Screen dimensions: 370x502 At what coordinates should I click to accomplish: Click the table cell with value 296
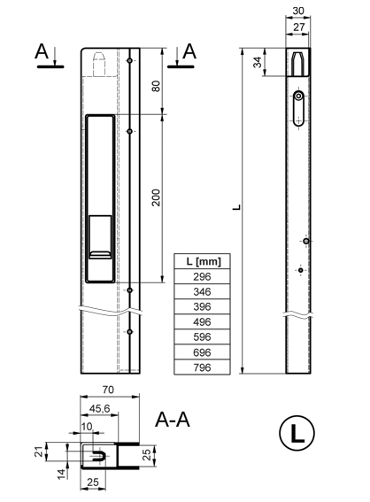202,276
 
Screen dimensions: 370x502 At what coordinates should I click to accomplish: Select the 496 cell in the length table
202,321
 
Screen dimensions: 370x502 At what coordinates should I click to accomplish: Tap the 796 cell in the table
202,367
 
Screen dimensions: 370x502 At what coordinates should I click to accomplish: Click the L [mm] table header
202,261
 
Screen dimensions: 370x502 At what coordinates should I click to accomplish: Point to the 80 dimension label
156,86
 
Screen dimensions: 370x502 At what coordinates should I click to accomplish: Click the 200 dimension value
156,197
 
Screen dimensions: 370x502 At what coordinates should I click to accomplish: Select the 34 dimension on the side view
258,62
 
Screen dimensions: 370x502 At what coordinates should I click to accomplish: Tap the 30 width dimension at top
298,11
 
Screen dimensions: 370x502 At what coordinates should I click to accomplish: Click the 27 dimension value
298,27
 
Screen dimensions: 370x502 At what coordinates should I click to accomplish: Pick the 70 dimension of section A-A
108,390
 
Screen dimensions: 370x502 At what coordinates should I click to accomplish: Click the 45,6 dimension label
99,408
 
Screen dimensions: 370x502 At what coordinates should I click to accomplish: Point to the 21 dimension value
39,452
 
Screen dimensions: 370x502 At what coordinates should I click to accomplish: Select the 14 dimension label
62,475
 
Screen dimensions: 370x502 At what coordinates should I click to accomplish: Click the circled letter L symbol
297,433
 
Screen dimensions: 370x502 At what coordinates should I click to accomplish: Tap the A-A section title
173,420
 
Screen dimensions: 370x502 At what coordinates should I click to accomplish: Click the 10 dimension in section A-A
87,427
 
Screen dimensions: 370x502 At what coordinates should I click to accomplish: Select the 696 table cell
202,352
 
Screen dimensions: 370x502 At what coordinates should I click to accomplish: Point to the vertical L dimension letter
236,207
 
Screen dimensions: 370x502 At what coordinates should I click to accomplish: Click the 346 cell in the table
202,291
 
